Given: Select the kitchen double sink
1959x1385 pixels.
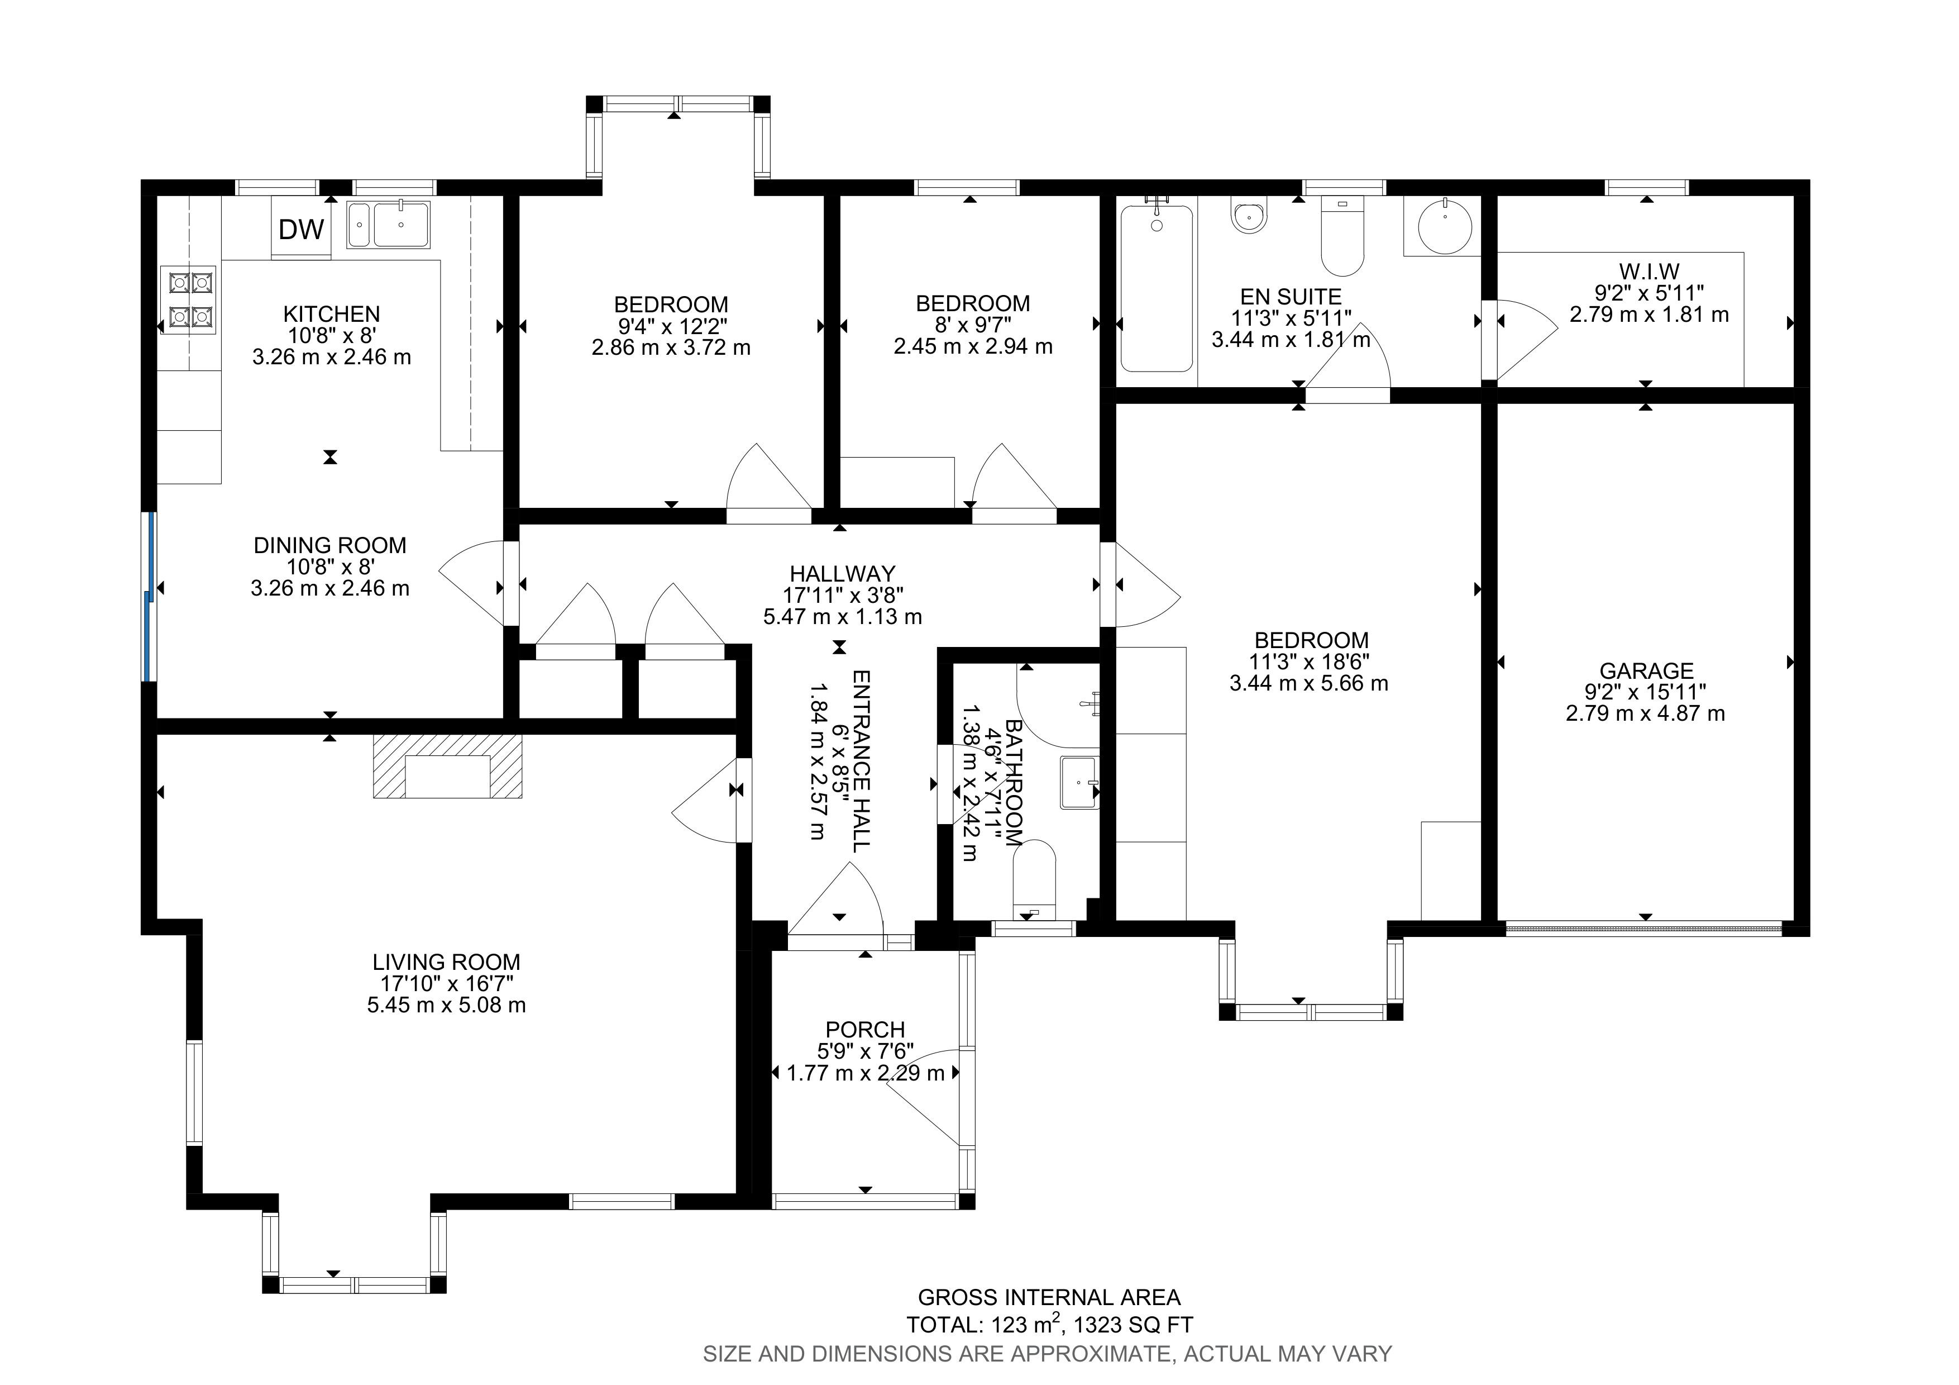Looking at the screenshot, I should tap(388, 225).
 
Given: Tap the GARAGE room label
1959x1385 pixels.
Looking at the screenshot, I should tap(1646, 671).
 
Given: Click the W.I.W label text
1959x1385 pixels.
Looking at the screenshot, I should tap(1649, 272).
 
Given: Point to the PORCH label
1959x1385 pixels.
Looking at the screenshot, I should tap(864, 1029).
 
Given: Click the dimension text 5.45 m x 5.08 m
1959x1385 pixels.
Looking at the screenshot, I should tap(446, 1005).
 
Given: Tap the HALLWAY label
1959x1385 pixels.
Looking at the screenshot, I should tap(842, 573).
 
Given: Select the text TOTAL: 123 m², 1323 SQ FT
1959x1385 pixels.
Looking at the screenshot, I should tap(1049, 1325).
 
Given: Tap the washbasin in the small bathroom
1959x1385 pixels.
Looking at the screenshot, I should tap(1079, 781).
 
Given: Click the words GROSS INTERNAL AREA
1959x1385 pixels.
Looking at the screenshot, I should tap(1049, 1297).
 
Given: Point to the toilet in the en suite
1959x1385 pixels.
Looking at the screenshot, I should tap(1341, 237).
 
